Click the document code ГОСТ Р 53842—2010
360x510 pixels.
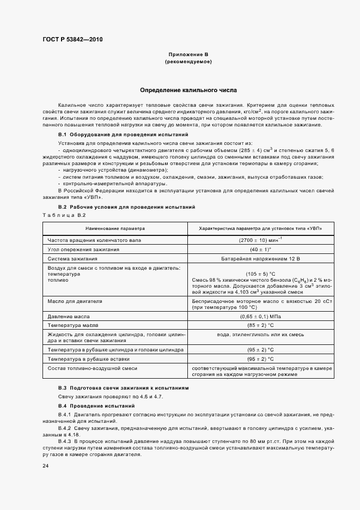pos(72,40)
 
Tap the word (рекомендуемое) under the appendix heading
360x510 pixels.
pos(188,62)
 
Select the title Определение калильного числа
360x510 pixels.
pos(188,89)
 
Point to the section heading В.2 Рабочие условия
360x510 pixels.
pos(126,208)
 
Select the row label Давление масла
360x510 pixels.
pos(70,316)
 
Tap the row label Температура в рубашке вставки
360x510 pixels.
pos(89,360)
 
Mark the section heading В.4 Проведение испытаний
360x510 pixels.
pos(96,406)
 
